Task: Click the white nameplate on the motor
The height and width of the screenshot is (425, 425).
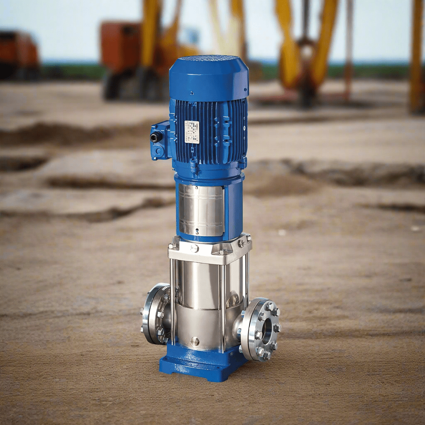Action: (x=191, y=132)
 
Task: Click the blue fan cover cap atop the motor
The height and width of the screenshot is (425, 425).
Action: (x=209, y=78)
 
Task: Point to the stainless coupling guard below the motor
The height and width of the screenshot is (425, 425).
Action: (x=202, y=210)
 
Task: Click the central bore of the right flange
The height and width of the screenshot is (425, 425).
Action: (x=266, y=330)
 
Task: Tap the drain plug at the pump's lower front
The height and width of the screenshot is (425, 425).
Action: (x=195, y=341)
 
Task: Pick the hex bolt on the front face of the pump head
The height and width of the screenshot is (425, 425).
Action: (x=194, y=249)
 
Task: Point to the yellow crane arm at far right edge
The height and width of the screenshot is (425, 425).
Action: (x=416, y=58)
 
